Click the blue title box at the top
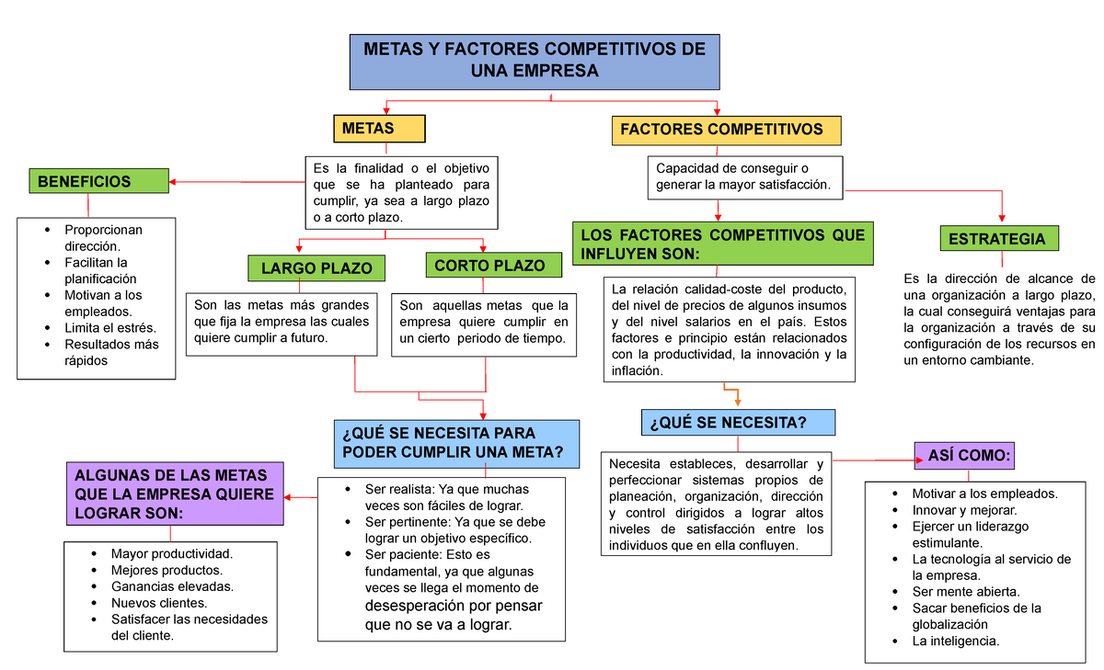click(535, 60)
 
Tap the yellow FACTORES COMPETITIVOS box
click(727, 130)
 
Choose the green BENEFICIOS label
click(98, 182)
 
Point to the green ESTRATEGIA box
click(998, 239)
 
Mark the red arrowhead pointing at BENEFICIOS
click(173, 182)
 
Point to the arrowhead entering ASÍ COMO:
click(912, 457)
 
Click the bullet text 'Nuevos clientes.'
click(159, 603)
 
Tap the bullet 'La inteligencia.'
click(955, 641)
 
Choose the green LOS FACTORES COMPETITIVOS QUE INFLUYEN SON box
click(722, 244)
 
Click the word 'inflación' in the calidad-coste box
click(635, 371)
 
